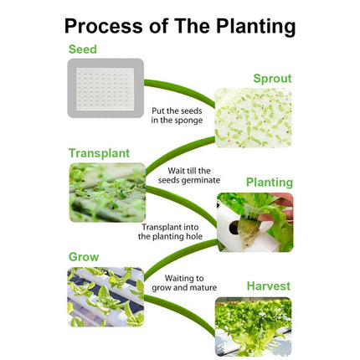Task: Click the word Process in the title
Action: point(103,26)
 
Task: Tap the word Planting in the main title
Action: point(255,27)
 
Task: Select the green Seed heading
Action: point(83,49)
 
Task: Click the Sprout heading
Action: point(272,79)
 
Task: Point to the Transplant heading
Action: point(99,153)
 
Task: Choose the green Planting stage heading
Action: point(270,183)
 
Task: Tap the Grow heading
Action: point(84,257)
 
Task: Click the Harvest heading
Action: point(269,286)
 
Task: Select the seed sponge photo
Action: point(105,88)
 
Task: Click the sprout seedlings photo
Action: point(253,118)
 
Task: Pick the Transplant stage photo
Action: point(107,193)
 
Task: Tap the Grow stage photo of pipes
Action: point(105,297)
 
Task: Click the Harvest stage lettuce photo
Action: point(253,327)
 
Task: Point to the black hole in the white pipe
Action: point(234,227)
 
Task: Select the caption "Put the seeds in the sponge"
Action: point(177,116)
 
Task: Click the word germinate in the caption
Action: point(200,181)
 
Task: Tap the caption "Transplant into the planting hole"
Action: point(170,232)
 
